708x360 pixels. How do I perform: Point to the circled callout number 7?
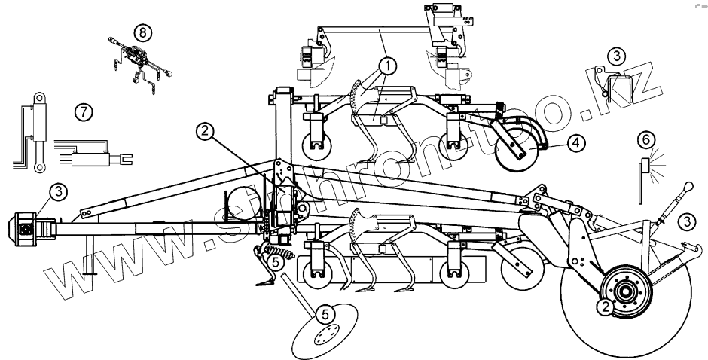[x=84, y=111]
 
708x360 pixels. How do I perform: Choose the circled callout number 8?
[x=142, y=32]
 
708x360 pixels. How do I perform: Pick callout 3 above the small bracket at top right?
[x=616, y=56]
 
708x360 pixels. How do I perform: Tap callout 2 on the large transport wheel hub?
[x=604, y=306]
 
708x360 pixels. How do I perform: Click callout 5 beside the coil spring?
[x=276, y=262]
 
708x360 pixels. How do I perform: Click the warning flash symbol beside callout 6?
[x=654, y=164]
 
